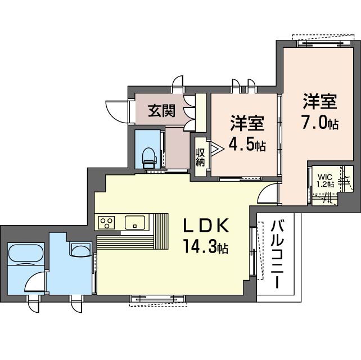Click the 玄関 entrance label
coord(161,111)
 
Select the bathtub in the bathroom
coord(26,253)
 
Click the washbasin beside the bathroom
coord(80,249)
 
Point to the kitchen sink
coord(135,223)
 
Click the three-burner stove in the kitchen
coord(106,223)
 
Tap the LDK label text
coord(206,225)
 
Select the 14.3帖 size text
coord(205,247)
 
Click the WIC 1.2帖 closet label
coord(326,181)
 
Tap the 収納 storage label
coord(200,157)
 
